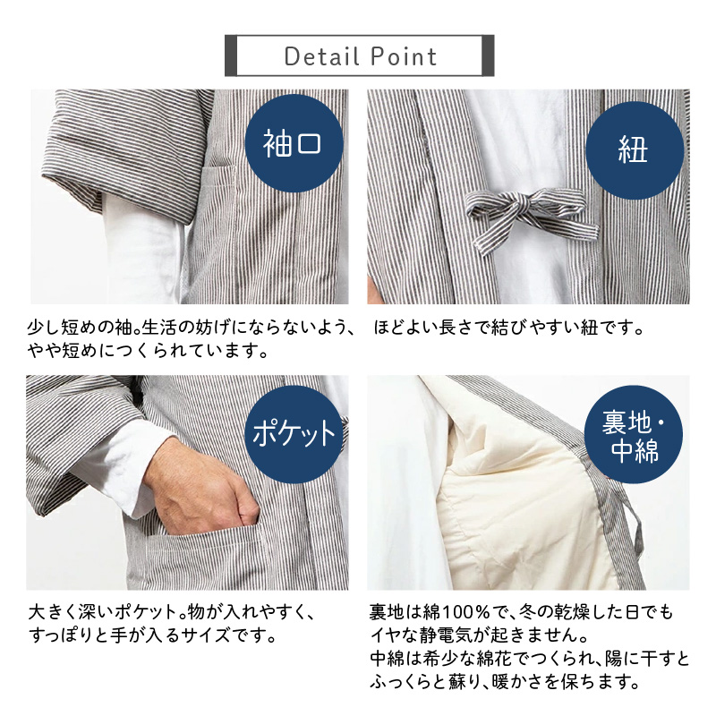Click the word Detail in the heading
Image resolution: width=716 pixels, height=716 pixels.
coord(321,56)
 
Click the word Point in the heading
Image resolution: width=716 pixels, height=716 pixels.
coord(404,56)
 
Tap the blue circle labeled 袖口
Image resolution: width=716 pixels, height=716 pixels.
coord(294,143)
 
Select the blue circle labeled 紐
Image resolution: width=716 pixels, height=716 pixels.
coord(635,150)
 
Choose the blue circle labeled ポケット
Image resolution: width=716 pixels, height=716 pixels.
coord(294,434)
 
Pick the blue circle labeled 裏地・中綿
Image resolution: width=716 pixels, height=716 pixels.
coord(634,434)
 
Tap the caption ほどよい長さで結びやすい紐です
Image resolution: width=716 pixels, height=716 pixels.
coord(508,328)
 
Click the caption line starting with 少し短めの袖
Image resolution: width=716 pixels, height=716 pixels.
coord(191,328)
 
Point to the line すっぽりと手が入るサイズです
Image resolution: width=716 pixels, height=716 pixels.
coord(152,635)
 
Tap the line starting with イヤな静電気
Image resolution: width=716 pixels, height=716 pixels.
coord(479,635)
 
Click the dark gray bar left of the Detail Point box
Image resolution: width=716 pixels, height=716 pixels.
coord(231,55)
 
